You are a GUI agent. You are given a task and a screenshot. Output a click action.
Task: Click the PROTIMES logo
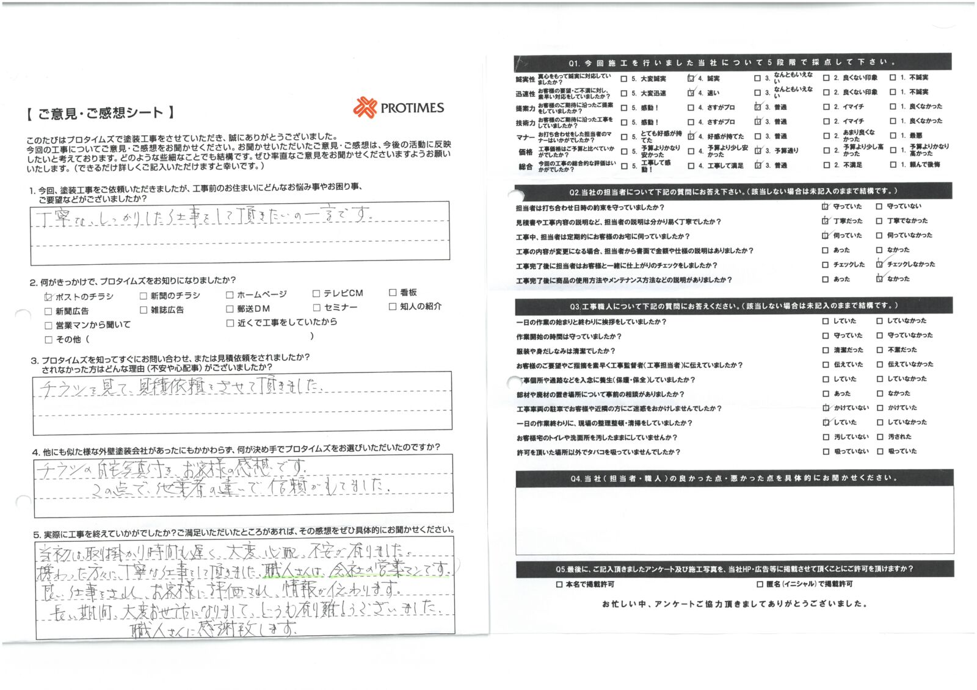coord(398,107)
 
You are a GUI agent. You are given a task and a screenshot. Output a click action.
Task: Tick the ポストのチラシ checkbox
coord(49,296)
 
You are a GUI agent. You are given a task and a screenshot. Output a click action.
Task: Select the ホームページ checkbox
coord(230,295)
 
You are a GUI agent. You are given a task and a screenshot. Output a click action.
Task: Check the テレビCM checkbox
coord(316,293)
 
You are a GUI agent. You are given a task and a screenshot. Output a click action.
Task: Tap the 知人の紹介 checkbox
coord(393,306)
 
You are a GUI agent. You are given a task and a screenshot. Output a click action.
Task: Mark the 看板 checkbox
coord(393,292)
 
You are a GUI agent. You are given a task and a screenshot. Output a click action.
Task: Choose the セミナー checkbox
coord(316,307)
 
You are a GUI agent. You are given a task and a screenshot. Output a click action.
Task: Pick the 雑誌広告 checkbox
coord(143,310)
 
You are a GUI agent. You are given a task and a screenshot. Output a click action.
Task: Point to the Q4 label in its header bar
coord(576,478)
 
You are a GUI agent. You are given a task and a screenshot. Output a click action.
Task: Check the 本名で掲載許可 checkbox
coord(559,584)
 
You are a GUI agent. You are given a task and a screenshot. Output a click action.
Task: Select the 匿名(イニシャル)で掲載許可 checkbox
coord(760,584)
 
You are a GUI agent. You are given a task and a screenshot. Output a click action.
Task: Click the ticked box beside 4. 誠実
coord(691,78)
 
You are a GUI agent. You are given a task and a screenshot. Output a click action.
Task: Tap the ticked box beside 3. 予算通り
coord(758,151)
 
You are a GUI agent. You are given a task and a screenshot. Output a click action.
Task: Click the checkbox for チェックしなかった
coord(879,264)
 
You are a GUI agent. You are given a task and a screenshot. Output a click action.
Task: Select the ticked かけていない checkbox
coord(826,408)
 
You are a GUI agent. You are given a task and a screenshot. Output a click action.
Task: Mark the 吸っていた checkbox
coord(880,451)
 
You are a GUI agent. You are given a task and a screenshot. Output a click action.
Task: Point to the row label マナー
coord(525,137)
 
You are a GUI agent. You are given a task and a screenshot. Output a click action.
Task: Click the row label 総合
coord(525,166)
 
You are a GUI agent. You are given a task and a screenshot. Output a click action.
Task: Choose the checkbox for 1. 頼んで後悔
coord(893,165)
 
